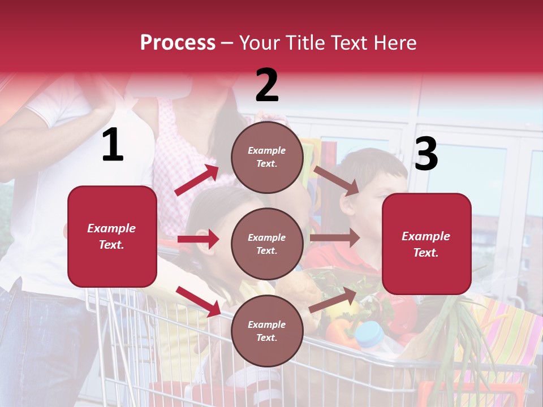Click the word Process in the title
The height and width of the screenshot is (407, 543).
point(178,42)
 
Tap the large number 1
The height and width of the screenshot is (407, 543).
point(113,145)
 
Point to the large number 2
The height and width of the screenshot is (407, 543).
point(267,85)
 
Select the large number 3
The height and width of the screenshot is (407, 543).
point(426,154)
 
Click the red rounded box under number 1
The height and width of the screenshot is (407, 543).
point(112,236)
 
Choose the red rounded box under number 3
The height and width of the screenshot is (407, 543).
point(426,244)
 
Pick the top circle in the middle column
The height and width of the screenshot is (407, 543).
point(267,157)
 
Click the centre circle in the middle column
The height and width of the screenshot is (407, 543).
point(267,244)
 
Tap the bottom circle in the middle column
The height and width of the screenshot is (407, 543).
point(267,331)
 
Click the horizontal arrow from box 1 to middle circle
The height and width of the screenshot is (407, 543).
point(198,239)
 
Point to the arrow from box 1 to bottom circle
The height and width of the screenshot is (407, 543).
point(199,301)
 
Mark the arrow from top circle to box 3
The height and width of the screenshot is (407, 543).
point(336,180)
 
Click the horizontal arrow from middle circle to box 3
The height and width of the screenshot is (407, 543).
point(334,237)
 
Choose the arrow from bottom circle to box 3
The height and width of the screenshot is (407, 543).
point(333,300)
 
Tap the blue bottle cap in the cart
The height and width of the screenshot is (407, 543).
point(369,334)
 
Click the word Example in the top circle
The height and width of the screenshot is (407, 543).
point(267,150)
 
